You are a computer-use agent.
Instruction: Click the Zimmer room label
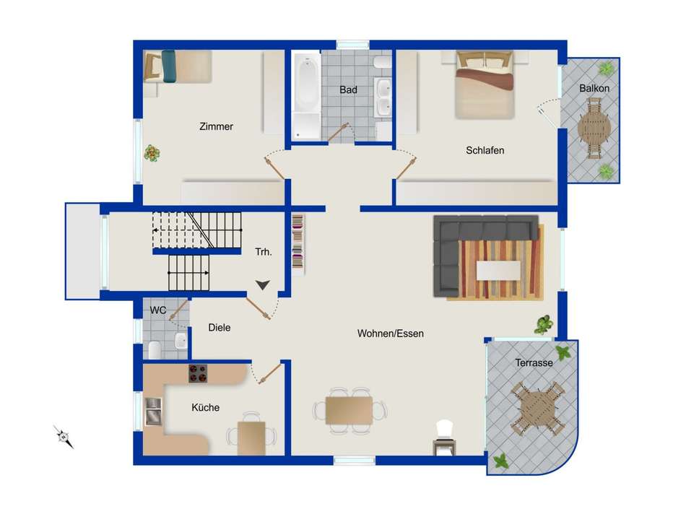[x=216, y=126]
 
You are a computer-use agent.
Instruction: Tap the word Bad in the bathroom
[x=348, y=90]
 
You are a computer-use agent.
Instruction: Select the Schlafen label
[x=485, y=150]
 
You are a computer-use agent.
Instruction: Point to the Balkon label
[x=594, y=88]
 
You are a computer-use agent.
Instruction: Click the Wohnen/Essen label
[x=390, y=334]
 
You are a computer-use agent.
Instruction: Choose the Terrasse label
[x=534, y=362]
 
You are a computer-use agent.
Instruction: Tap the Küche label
[x=205, y=407]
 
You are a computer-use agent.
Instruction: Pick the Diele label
[x=220, y=327]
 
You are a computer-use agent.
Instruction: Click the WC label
[x=158, y=310]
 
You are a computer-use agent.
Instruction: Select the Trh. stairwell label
[x=264, y=252]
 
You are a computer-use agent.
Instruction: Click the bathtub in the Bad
[x=307, y=96]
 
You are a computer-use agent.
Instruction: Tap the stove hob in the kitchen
[x=198, y=373]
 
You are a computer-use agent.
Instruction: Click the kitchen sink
[x=153, y=411]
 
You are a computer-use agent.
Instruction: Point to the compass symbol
[x=64, y=437]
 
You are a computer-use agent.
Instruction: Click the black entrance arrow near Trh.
[x=263, y=285]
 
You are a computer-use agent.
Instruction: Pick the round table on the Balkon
[x=594, y=128]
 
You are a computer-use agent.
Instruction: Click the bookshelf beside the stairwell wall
[x=298, y=244]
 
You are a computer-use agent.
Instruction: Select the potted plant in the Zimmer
[x=152, y=154]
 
